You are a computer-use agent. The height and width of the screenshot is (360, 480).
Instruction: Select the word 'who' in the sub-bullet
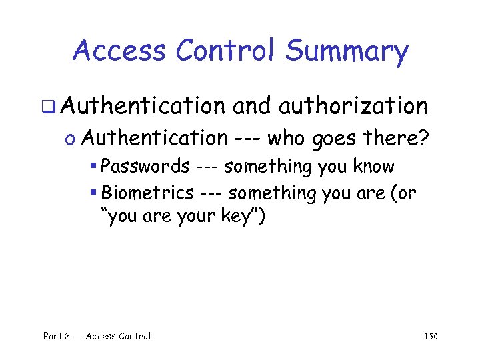[x=288, y=138]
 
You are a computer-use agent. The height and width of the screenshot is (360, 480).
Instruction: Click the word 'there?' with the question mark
[x=400, y=138]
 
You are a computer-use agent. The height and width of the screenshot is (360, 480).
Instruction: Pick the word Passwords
[x=144, y=166]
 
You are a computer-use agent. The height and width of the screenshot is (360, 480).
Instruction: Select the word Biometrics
[x=146, y=193]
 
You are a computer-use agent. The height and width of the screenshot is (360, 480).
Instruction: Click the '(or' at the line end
[x=405, y=193]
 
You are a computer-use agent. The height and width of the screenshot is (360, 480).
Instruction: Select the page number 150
[x=431, y=337]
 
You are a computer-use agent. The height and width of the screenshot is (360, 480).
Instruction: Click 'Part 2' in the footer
[x=56, y=336]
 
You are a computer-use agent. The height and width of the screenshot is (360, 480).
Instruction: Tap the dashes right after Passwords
[x=206, y=167]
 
